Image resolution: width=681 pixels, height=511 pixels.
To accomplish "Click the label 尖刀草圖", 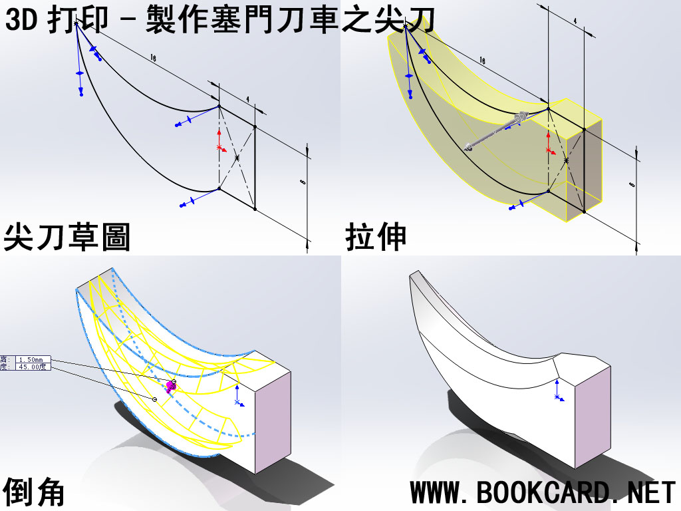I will click(67, 238).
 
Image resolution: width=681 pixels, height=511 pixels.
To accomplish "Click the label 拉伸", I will click(376, 238).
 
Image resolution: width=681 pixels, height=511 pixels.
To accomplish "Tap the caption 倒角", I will click(34, 492).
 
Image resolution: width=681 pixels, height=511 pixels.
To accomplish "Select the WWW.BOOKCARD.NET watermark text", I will click(543, 493).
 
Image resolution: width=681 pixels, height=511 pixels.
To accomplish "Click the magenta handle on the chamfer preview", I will click(170, 386).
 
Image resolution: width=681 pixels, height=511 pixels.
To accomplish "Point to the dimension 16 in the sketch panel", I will click(153, 59).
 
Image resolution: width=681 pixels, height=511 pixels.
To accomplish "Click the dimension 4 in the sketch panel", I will click(247, 100).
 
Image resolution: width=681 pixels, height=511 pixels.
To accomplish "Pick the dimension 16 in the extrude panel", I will click(482, 61).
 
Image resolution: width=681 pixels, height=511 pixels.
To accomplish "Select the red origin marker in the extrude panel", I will click(548, 148).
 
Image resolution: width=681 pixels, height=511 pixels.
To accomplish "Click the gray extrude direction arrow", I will click(495, 132).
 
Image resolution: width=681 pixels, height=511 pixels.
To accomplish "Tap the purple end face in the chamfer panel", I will click(273, 419).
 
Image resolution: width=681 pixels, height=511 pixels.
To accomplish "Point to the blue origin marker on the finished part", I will click(557, 397).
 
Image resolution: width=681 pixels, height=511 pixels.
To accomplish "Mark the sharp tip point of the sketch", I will click(76, 24).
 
